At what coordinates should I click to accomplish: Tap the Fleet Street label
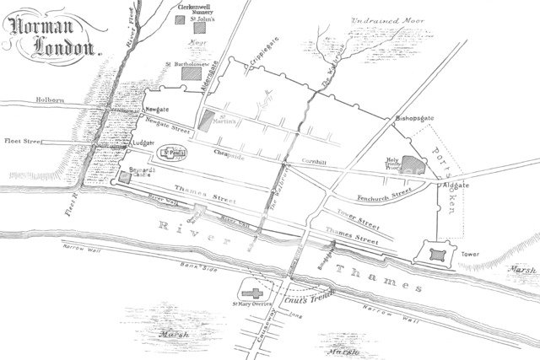click(26, 142)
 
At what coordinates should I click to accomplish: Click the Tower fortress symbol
click(437, 254)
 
